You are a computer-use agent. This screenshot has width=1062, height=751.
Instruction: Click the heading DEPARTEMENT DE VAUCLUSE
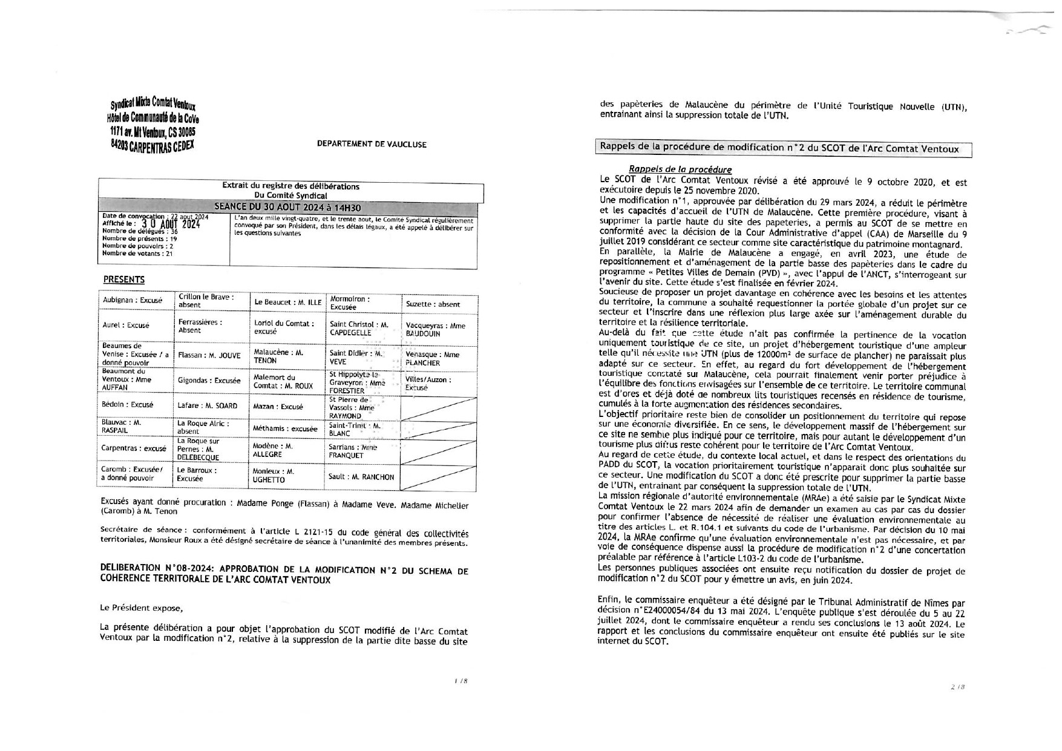click(372, 145)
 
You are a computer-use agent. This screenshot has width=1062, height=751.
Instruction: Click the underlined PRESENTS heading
click(124, 280)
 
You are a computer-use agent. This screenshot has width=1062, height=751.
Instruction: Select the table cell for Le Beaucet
click(287, 303)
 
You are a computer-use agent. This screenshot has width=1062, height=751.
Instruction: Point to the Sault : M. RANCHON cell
click(361, 477)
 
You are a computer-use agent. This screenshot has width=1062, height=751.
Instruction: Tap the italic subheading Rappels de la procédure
click(680, 170)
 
